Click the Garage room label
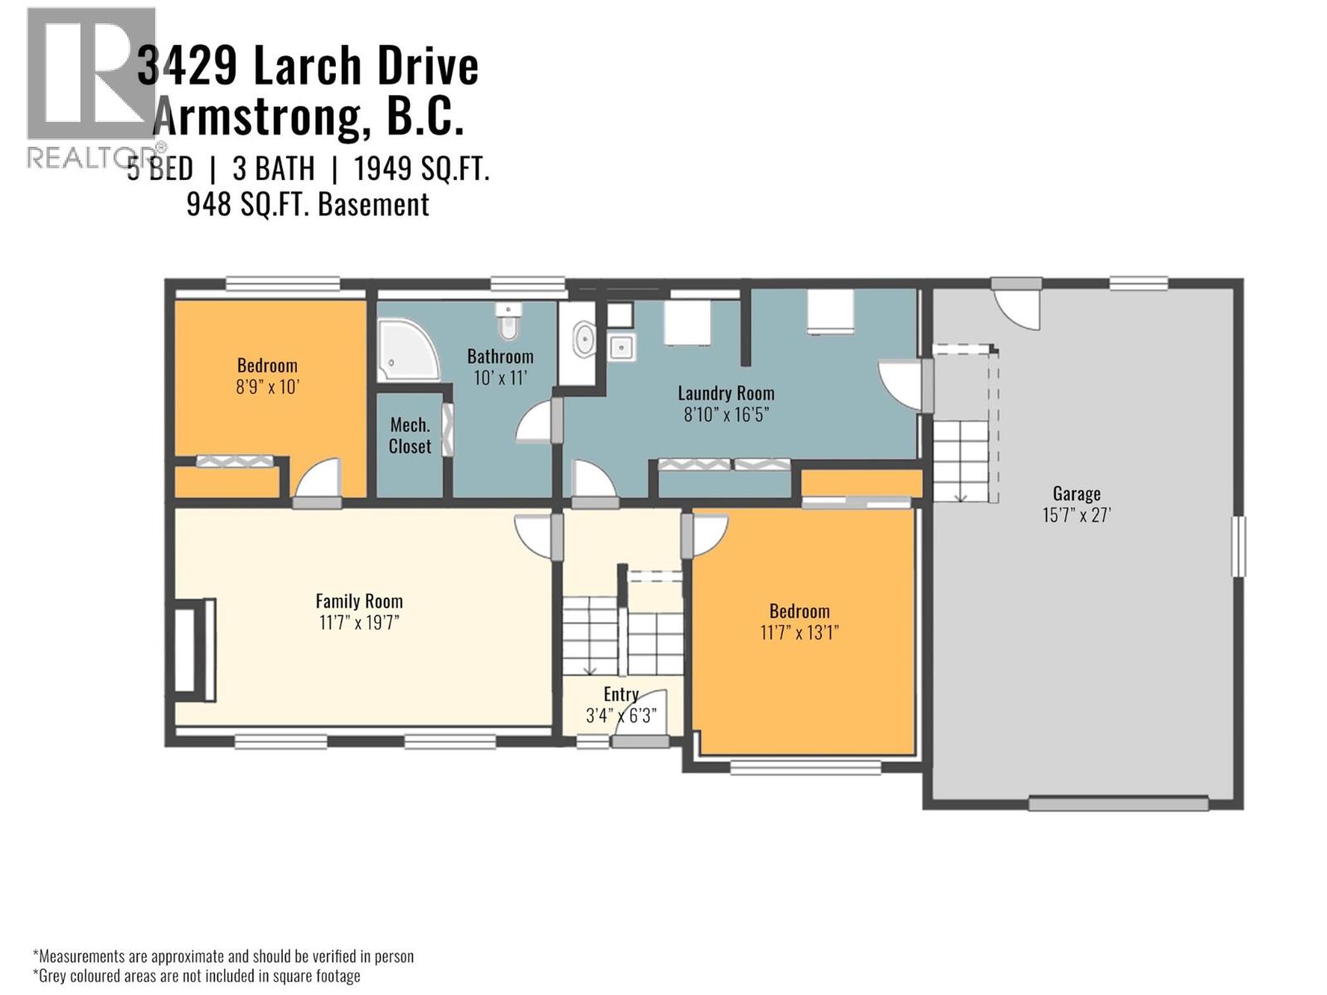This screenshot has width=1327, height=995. click(x=1076, y=493)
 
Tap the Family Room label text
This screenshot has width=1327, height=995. click(x=358, y=601)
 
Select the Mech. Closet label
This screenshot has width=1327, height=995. click(x=410, y=435)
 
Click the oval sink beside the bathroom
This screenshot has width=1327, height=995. click(x=584, y=340)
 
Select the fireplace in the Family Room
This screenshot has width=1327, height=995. click(x=195, y=646)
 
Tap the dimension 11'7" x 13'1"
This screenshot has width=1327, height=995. click(x=799, y=633)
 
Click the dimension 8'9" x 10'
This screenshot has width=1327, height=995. click(x=266, y=386)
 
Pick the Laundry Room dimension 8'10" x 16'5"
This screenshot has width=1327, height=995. click(x=726, y=415)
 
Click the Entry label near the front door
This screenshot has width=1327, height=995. click(x=620, y=694)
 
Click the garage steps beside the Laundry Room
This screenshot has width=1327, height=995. click(x=961, y=460)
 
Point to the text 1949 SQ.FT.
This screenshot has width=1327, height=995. click(x=421, y=169)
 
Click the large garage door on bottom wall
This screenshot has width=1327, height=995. click(x=1117, y=803)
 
